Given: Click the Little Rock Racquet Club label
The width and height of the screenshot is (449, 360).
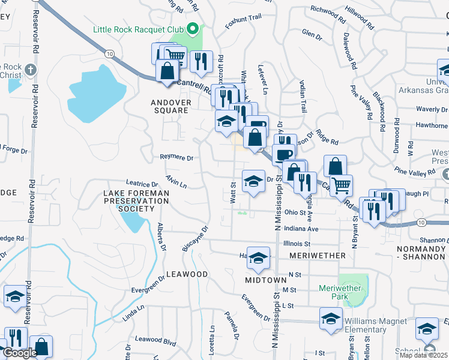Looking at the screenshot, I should (139, 29).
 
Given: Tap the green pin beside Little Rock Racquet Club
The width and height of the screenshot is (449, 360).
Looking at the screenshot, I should (193, 29).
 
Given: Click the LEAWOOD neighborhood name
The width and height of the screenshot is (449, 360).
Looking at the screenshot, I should (188, 274).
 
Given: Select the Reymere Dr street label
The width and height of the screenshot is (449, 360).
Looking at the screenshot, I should (176, 158).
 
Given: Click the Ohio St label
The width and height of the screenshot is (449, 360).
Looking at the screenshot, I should (295, 212).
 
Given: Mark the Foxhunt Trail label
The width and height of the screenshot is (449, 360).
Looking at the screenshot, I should (243, 21).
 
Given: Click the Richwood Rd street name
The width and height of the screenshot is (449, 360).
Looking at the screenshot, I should (329, 14).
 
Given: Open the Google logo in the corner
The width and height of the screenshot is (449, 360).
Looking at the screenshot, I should (20, 353).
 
